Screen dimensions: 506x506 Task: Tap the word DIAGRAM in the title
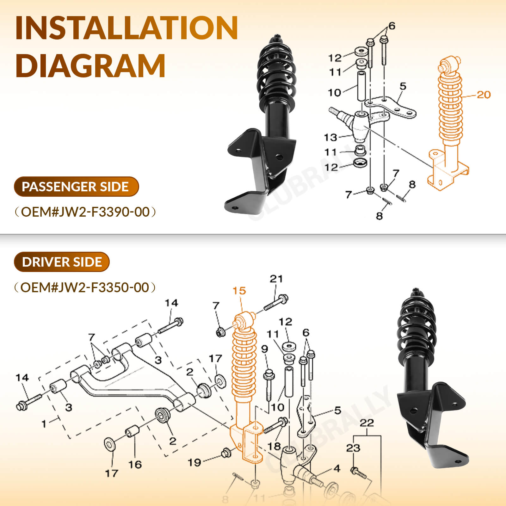click(90, 65)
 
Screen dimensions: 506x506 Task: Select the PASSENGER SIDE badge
click(76, 187)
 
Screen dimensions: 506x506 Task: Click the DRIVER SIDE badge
click(62, 262)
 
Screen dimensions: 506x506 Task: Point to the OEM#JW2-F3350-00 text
click(85, 287)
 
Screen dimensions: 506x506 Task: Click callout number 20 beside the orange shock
click(483, 95)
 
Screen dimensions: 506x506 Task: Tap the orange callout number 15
click(239, 291)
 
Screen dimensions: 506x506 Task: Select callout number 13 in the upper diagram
click(330, 138)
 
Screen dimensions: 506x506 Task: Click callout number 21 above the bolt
click(276, 279)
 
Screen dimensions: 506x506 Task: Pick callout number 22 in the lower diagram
click(367, 423)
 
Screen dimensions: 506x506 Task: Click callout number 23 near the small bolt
click(353, 448)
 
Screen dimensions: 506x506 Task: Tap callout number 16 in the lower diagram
click(135, 464)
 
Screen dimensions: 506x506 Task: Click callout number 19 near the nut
click(194, 462)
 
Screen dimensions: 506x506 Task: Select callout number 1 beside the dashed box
click(44, 423)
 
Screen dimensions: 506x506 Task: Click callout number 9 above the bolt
click(265, 349)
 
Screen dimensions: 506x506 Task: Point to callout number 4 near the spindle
click(337, 468)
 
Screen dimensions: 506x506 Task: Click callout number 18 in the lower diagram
click(274, 446)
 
